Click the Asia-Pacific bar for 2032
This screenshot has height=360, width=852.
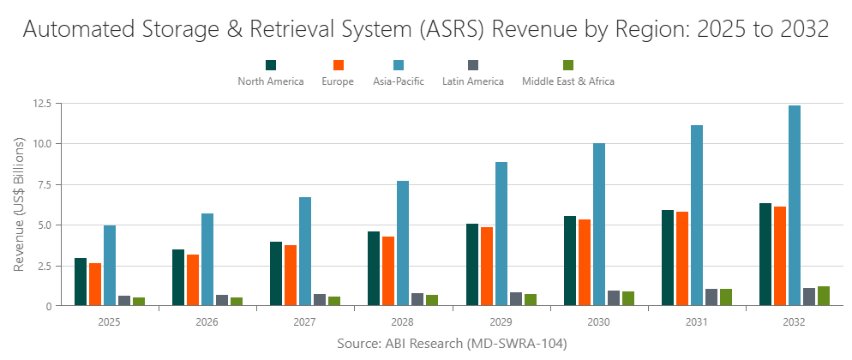795,206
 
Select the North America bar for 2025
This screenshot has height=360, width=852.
81,282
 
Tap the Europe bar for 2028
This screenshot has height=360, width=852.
388,271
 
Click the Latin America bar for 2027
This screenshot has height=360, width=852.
320,300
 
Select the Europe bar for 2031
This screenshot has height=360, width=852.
682,259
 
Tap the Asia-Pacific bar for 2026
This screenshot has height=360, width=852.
207,260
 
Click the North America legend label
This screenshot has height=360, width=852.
271,81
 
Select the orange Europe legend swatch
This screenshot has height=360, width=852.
338,65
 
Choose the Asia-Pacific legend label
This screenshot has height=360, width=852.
399,81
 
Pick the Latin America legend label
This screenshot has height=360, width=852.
473,81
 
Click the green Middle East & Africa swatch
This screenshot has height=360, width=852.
567,65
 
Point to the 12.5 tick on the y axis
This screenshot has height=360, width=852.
41,103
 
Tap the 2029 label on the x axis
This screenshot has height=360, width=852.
501,322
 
